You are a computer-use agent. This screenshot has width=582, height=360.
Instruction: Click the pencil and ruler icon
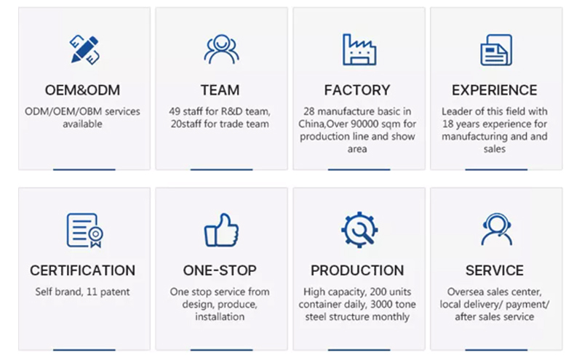click(84, 49)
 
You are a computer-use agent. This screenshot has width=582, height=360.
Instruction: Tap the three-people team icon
click(222, 49)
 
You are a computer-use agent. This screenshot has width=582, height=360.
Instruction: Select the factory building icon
click(359, 49)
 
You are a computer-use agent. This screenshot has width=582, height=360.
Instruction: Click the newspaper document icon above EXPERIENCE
click(496, 49)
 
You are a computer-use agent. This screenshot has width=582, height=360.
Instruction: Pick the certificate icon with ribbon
click(85, 230)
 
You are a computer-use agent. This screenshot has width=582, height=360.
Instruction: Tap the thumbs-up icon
click(222, 230)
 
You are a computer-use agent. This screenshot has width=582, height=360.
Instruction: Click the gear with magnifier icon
click(359, 230)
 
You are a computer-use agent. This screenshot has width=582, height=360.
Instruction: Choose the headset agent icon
click(497, 229)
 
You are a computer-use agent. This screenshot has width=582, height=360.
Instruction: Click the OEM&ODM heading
click(82, 90)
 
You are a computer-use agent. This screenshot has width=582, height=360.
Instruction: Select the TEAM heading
click(220, 90)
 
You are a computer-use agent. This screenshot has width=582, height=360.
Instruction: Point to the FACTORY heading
click(357, 90)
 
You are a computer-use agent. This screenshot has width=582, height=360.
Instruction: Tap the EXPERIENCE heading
click(495, 90)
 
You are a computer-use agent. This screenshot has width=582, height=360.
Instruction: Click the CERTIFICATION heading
click(82, 271)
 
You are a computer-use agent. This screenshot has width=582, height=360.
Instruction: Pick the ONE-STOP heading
click(220, 271)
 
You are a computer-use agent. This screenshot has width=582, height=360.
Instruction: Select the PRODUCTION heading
click(357, 271)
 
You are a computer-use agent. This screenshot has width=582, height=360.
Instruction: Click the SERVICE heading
click(495, 271)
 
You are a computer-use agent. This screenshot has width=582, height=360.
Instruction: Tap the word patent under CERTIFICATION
click(115, 292)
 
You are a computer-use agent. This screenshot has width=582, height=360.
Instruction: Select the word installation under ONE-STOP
click(220, 316)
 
